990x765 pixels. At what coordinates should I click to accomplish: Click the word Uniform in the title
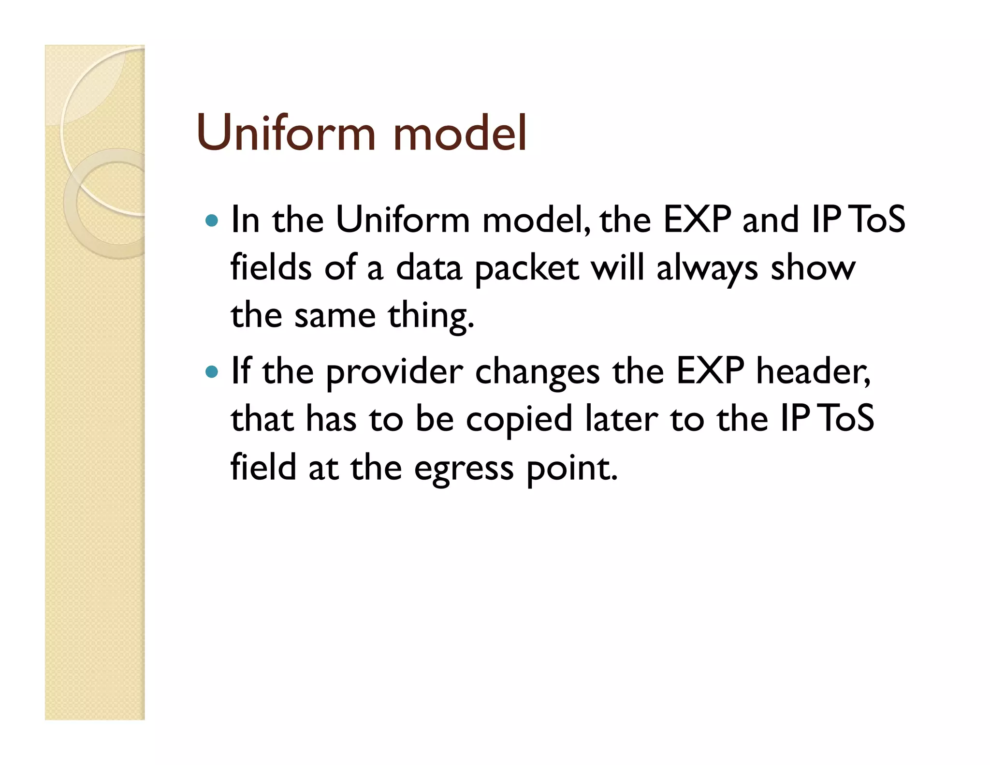pos(286,133)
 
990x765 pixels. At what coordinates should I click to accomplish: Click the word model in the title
pos(460,133)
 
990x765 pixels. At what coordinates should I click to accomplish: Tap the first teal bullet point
pos(212,221)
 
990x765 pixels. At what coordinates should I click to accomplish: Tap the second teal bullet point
pos(212,372)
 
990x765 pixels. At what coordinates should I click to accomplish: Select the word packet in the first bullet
pos(527,269)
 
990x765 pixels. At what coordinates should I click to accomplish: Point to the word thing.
pos(431,317)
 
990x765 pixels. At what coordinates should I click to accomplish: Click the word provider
pos(394,372)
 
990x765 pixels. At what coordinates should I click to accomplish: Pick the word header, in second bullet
pos(813,372)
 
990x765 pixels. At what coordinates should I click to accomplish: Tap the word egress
pos(464,469)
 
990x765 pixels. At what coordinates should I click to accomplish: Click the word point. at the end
pos(572,469)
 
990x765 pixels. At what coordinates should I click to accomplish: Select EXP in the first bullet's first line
pos(697,220)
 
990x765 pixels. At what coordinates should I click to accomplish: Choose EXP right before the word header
pos(710,372)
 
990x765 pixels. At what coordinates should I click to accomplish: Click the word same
pos(335,317)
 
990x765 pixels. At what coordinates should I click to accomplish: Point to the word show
pos(813,269)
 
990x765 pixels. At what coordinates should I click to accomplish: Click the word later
pos(621,420)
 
